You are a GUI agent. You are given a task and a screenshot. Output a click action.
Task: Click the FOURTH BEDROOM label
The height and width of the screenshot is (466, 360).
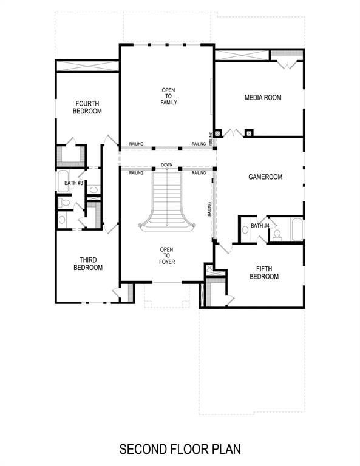pos(87,107)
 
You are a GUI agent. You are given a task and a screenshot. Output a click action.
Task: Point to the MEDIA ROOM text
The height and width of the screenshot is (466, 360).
pos(262,98)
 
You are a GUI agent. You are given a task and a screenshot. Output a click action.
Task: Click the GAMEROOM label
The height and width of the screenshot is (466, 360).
pos(266,177)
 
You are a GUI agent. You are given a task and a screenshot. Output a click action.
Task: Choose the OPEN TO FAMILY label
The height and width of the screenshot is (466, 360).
pos(168,96)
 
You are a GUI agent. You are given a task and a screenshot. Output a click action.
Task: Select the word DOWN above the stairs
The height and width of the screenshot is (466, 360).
pos(167,165)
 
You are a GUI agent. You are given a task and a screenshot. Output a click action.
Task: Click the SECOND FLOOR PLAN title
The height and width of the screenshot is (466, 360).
pos(180,450)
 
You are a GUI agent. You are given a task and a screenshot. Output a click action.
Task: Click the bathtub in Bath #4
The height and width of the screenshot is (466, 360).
pos(296,229)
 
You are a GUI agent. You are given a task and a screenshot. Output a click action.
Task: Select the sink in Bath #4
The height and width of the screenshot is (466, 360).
pos(245,229)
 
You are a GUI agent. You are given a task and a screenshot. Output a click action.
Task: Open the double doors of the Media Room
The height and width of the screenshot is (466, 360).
pos(232,132)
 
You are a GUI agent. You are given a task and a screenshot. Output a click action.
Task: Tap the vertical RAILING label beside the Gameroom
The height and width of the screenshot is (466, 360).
pos(209,209)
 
